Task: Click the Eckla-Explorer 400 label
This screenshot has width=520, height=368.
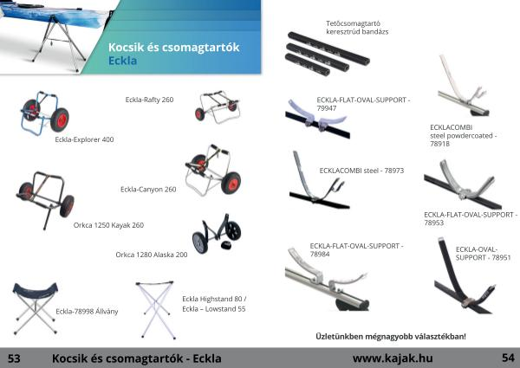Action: (x=84, y=139)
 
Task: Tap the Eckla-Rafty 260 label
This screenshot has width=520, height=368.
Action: (x=149, y=100)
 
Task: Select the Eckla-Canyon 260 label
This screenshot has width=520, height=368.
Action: (x=148, y=190)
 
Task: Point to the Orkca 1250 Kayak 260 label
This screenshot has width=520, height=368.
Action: (x=108, y=225)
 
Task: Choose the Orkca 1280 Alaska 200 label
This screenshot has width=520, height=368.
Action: (x=152, y=255)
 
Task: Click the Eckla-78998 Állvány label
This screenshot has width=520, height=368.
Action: (x=87, y=312)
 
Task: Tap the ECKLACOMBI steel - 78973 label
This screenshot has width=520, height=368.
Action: (x=361, y=171)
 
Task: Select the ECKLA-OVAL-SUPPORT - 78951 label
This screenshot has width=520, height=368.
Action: (x=483, y=254)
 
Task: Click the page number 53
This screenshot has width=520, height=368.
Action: (x=14, y=358)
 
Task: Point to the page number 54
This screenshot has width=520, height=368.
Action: (x=508, y=358)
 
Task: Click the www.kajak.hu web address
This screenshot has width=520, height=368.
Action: (x=393, y=358)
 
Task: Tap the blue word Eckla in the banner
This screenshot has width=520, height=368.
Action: (x=123, y=61)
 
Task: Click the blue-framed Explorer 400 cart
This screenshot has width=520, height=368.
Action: (x=45, y=113)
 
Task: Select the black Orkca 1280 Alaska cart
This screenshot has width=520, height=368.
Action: (x=217, y=234)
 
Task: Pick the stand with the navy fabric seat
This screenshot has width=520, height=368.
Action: (x=36, y=308)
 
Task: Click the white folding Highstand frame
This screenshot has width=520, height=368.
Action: (x=156, y=310)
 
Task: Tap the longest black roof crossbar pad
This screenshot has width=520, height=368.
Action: (x=328, y=48)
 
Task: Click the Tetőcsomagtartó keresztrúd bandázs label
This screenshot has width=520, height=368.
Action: (x=357, y=28)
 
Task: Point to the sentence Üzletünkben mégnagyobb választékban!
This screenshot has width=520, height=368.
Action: (x=391, y=337)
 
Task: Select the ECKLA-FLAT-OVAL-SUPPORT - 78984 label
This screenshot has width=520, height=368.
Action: (x=356, y=249)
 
